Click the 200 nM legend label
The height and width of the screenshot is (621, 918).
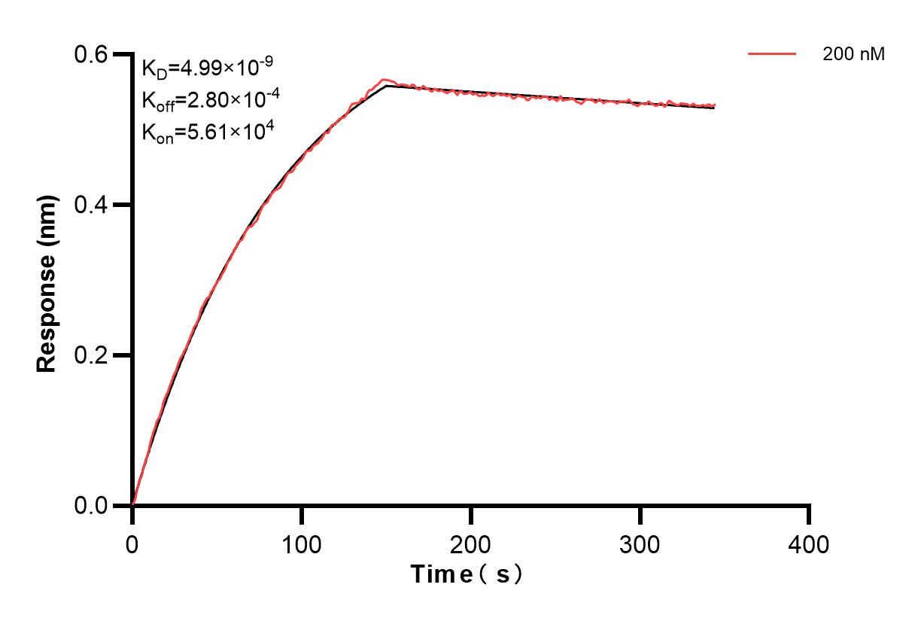tap(854, 54)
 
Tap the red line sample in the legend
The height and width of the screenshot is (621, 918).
tap(771, 53)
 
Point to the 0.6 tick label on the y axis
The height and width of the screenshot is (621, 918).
tap(93, 54)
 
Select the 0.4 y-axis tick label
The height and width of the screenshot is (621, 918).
tap(93, 205)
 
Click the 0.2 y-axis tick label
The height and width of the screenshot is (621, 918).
tap(93, 355)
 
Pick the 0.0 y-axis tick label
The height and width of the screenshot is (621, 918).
tap(93, 505)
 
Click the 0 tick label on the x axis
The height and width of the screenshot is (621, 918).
tap(132, 543)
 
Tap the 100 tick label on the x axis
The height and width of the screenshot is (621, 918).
tap(301, 543)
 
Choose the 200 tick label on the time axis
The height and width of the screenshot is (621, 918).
tap(470, 543)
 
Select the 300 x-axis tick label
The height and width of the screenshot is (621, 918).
tap(640, 543)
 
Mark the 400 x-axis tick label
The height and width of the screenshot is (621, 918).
tap(809, 543)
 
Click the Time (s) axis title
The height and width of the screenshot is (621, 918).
tap(467, 575)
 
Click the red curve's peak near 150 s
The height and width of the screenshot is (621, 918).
tap(385, 79)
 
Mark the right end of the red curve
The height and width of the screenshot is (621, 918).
tap(714, 105)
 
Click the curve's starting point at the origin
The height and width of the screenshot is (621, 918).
tap(133, 504)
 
